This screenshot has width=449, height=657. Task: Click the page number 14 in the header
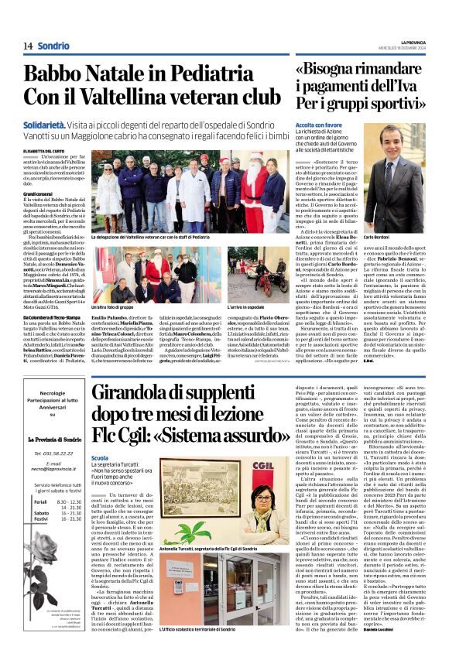point(28,46)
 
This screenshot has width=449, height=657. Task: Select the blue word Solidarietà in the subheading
point(46,123)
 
